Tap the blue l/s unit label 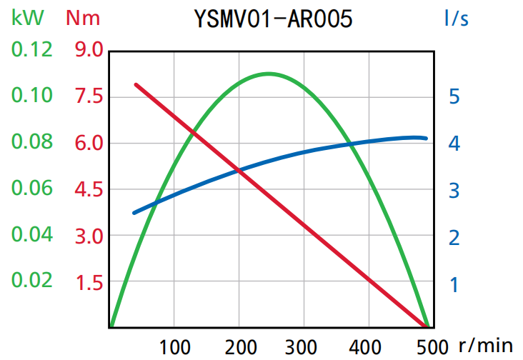[x=455, y=17]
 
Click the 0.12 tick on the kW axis [x=31, y=50]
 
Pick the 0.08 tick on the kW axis [x=31, y=142]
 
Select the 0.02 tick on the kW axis [x=31, y=280]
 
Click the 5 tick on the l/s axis [x=454, y=96]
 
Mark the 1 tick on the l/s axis [x=454, y=284]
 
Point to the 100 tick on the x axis [x=174, y=346]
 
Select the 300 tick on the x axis [x=304, y=346]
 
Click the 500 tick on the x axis [x=432, y=346]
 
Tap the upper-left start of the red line [x=136, y=84]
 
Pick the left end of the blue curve [x=134, y=213]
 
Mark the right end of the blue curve [x=426, y=138]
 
